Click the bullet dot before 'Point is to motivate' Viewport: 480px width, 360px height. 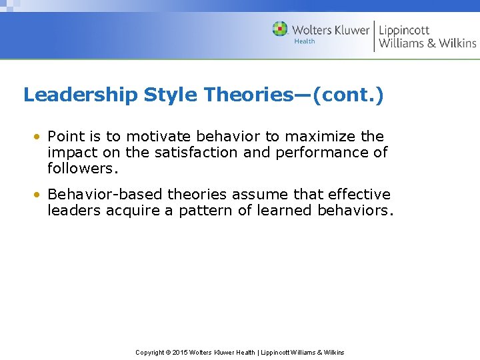[x=40, y=137]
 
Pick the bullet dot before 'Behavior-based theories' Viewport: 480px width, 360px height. [x=40, y=195]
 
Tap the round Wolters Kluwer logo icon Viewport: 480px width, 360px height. [x=280, y=29]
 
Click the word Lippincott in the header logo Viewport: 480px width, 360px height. [x=404, y=29]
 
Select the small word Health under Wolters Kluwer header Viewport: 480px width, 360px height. [x=304, y=41]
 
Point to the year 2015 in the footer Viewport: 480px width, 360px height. [x=180, y=352]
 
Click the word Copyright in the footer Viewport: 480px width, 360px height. [x=151, y=352]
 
